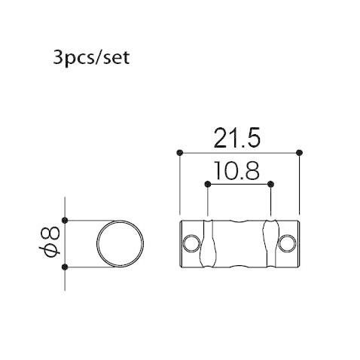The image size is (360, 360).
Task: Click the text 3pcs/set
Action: tap(91, 58)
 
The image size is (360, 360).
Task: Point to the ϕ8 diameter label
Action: tap(51, 243)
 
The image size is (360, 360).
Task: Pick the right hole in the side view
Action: tap(287, 243)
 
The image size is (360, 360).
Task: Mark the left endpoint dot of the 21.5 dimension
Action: tap(179, 153)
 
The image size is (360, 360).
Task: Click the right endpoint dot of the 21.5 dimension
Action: tap(300, 153)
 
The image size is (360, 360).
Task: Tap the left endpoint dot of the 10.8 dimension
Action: tap(207, 184)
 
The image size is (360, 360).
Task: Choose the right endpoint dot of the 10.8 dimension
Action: tap(270, 184)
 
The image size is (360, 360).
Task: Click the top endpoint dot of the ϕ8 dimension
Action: tap(66, 220)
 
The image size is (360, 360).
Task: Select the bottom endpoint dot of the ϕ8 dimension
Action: tap(66, 267)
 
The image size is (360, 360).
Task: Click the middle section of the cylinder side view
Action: tap(239, 243)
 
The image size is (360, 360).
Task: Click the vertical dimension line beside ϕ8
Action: tap(66, 243)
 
